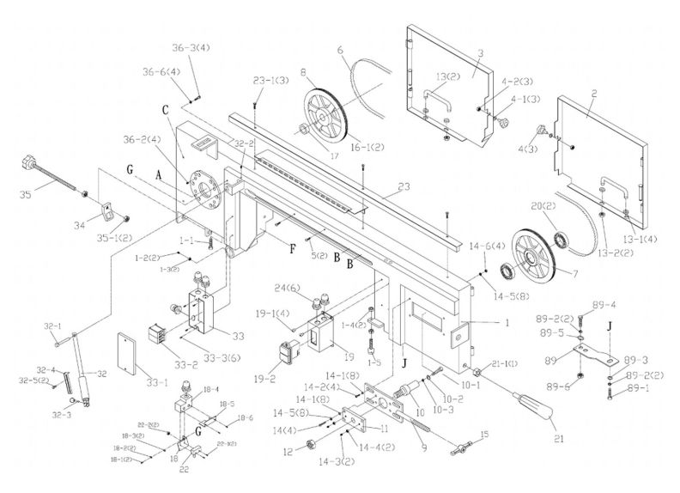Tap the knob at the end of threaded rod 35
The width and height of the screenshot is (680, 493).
(29, 160)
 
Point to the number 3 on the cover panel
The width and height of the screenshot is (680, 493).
(481, 53)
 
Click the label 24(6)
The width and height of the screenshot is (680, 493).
(288, 289)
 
